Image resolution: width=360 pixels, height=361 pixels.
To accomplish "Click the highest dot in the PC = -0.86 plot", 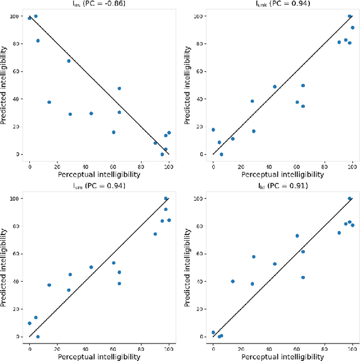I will [36, 16].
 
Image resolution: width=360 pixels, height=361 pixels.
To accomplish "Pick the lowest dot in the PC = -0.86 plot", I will [162, 154].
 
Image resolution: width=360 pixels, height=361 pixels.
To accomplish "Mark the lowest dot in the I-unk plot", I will [221, 154].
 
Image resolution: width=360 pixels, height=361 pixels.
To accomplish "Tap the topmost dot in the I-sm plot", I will [166, 198].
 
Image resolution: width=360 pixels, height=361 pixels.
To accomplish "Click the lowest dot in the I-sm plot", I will [38, 336].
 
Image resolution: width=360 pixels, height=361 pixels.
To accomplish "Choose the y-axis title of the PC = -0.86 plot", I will [5, 85].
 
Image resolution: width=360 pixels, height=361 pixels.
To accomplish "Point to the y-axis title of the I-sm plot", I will [5, 268].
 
